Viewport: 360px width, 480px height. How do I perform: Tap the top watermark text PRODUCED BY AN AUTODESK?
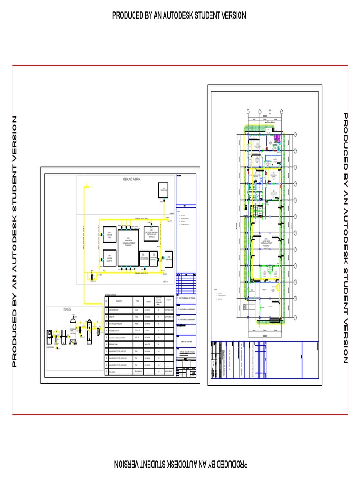tap(179, 16)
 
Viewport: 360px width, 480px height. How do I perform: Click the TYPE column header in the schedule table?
tap(137, 301)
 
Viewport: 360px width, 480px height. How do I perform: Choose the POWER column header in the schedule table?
tap(168, 301)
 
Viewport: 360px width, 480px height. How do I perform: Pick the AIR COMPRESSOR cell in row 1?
tap(118, 310)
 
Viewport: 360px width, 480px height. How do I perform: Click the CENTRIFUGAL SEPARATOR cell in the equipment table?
tap(118, 323)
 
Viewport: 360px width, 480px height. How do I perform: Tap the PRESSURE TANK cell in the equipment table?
tap(118, 344)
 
